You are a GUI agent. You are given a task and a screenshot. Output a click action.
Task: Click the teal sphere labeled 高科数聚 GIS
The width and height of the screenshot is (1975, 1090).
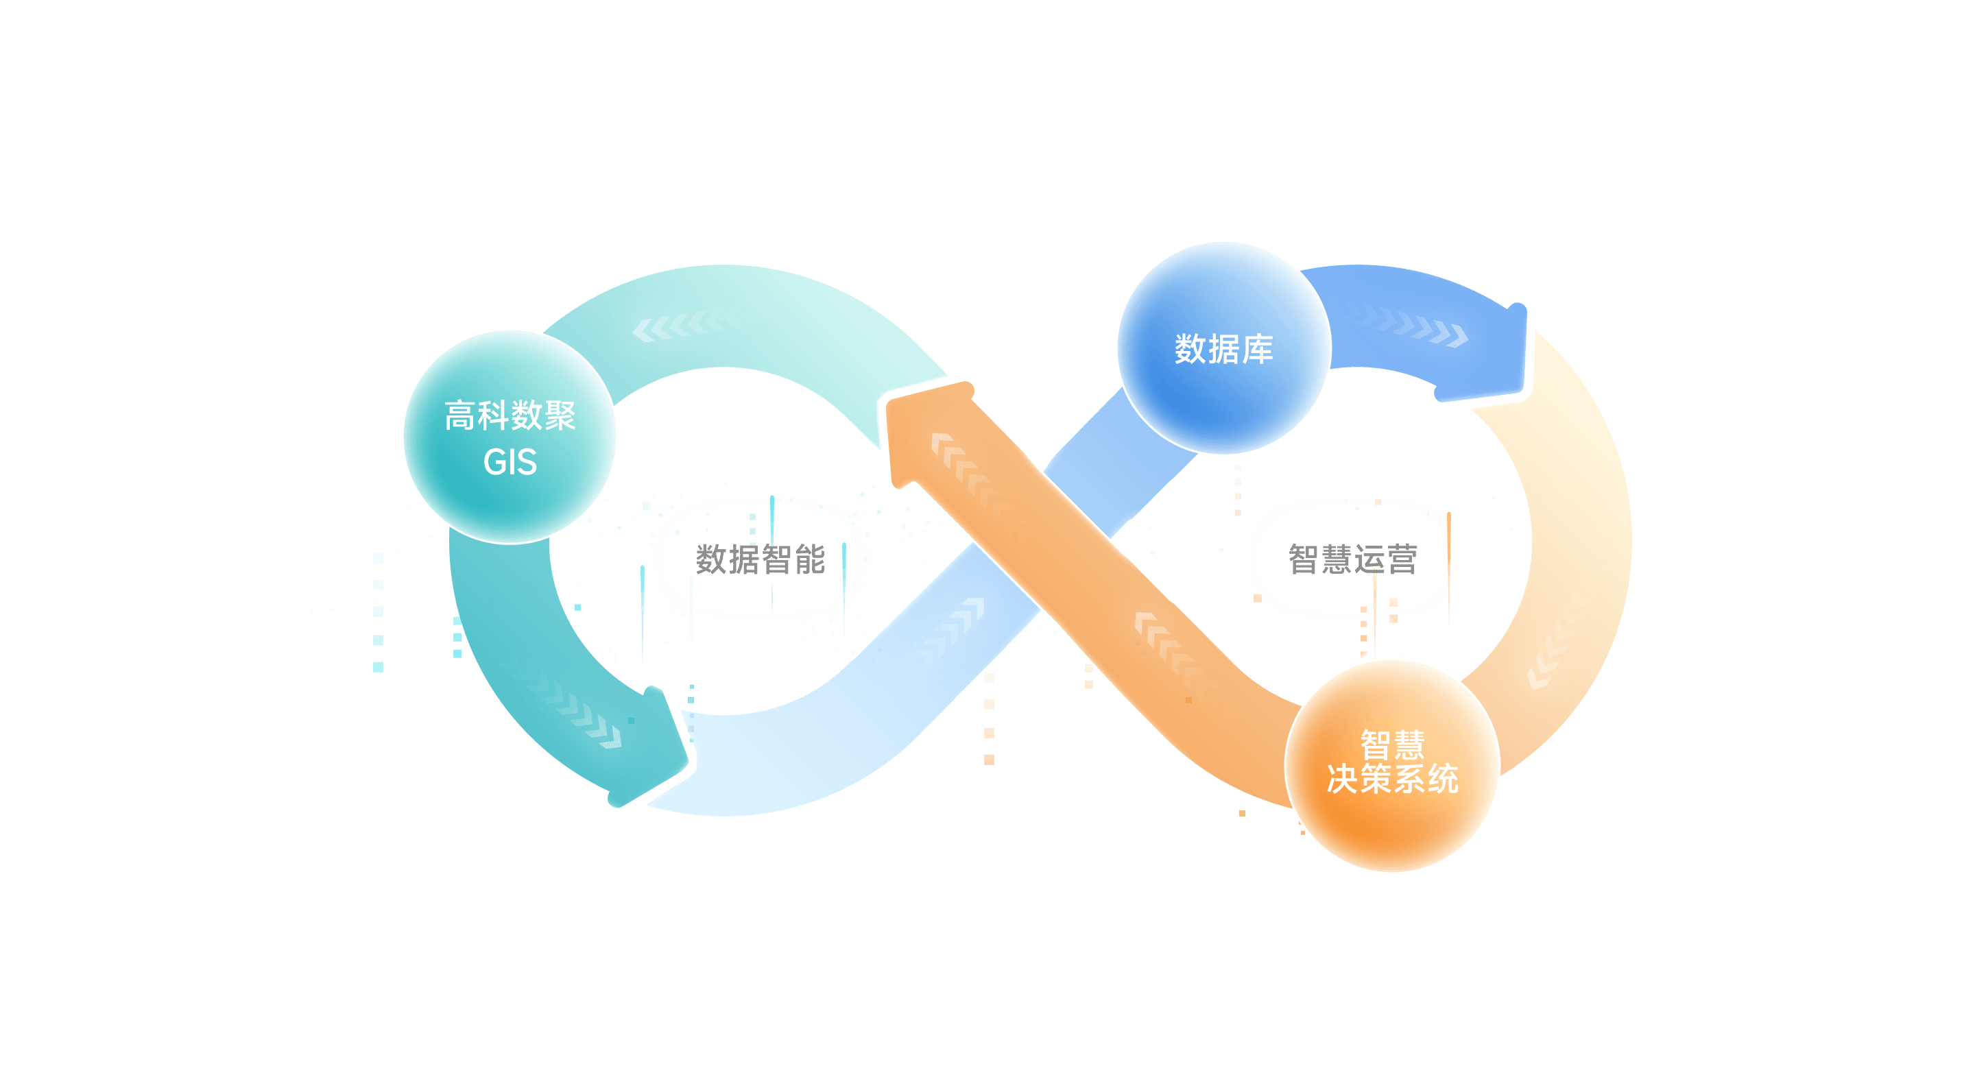pyautogui.click(x=510, y=436)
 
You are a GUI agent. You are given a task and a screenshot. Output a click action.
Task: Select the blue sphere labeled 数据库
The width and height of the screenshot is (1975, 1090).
pyautogui.click(x=1223, y=348)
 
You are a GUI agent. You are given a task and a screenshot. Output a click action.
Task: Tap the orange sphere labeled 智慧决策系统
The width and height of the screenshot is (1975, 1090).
pyautogui.click(x=1391, y=765)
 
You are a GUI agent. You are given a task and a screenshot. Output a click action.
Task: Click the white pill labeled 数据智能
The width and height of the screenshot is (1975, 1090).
pyautogui.click(x=760, y=559)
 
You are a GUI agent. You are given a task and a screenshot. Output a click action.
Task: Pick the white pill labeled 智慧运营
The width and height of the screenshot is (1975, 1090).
pyautogui.click(x=1352, y=559)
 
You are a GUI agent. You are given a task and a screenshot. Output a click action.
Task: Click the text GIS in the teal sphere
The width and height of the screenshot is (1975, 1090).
pyautogui.click(x=510, y=462)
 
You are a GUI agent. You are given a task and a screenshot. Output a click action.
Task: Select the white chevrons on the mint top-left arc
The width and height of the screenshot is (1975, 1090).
pyautogui.click(x=682, y=325)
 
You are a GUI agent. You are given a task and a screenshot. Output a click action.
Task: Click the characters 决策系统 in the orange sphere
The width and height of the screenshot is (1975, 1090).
pyautogui.click(x=1391, y=779)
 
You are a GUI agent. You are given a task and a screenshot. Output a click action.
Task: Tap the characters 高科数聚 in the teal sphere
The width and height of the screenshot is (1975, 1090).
pyautogui.click(x=510, y=415)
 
